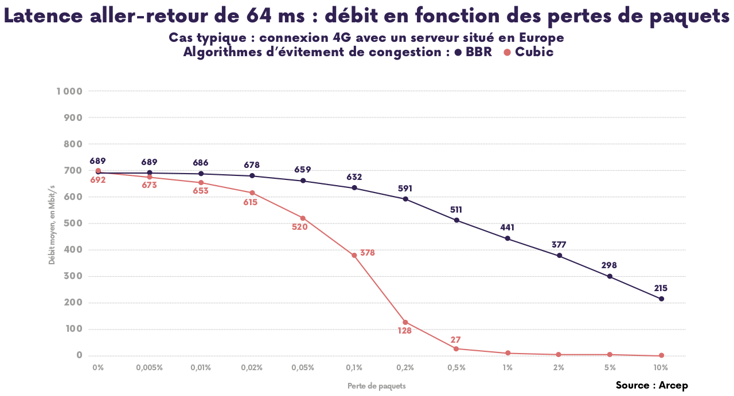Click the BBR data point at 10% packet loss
tap(661, 299)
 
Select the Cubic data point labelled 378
tap(354, 255)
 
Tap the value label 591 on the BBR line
tap(405, 189)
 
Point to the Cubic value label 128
tap(405, 331)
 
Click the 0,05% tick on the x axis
tap(303, 367)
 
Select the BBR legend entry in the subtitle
tap(474, 52)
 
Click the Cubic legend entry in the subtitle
tap(529, 52)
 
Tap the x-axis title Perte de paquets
tap(377, 386)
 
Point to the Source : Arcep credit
tap(651, 385)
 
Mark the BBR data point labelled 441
tap(507, 238)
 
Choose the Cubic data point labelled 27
tap(456, 348)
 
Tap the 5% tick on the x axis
tap(610, 367)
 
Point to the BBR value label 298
tap(610, 266)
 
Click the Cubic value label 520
tap(299, 227)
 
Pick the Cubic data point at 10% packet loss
tap(661, 355)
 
